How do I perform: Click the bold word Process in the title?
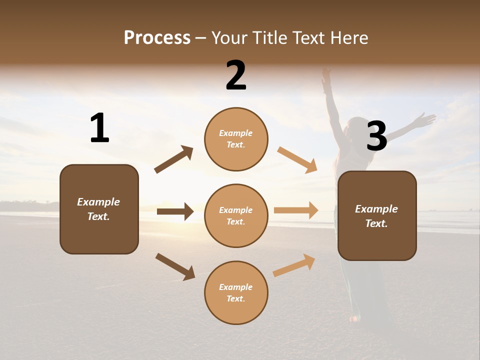[x=157, y=38]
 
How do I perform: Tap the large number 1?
[x=99, y=128]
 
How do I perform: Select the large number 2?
[x=236, y=75]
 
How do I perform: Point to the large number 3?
[x=376, y=136]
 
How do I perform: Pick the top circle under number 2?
[x=236, y=139]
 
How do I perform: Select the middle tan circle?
[x=236, y=216]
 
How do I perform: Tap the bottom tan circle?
[x=236, y=293]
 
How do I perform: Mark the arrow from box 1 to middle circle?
[x=175, y=211]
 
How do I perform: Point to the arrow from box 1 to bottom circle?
[x=175, y=266]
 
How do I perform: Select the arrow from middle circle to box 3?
[x=296, y=210]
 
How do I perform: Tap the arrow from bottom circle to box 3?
[x=294, y=265]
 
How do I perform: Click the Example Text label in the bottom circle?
[x=236, y=293]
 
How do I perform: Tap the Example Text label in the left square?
[x=99, y=209]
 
